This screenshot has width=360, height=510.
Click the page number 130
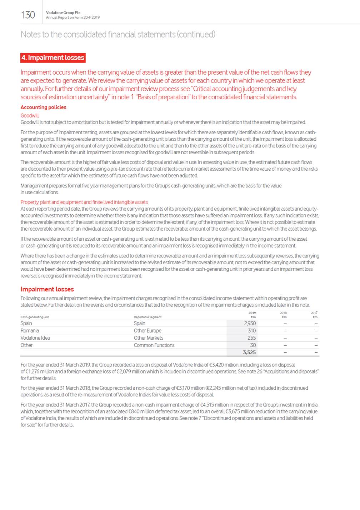pos(28,15)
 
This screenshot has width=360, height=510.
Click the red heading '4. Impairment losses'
pos(53,57)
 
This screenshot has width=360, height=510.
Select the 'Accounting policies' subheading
pos(43,107)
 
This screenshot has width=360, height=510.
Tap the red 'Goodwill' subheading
pos(30,115)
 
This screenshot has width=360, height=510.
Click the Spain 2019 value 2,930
pos(250,323)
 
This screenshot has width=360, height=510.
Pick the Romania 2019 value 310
pos(251,331)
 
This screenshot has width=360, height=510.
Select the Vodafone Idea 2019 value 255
pos(251,338)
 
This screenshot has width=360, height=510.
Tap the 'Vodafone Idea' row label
pos(35,338)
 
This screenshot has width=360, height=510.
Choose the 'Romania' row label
pos(30,331)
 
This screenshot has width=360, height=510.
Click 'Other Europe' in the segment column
pos(147,331)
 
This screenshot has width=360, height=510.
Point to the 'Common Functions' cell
pos(154,345)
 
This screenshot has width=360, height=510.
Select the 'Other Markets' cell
pos(148,338)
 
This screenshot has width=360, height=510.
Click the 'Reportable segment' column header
pos(147,317)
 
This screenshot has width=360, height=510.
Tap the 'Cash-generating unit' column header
pos(35,317)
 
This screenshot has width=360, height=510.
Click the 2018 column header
pos(283,313)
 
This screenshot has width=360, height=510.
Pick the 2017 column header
pos(314,313)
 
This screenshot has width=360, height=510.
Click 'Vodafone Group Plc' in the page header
pos(63,12)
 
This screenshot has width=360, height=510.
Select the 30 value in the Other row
pos(253,345)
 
